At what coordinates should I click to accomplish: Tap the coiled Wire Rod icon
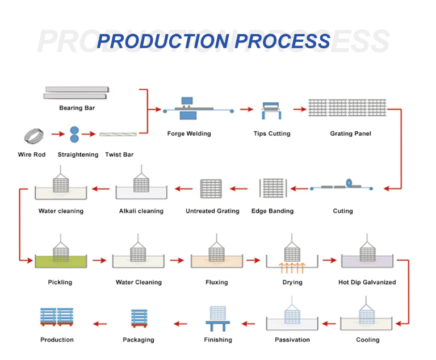pos(32,136)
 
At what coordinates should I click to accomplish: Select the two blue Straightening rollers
pos(75,135)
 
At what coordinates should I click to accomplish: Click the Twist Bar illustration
pos(118,135)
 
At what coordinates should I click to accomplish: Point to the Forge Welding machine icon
pos(188,109)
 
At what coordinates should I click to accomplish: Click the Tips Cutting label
pos(271,133)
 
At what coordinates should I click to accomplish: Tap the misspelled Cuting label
pos(342,211)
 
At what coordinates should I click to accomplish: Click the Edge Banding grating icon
pos(272,189)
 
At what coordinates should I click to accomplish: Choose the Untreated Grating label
pos(212,211)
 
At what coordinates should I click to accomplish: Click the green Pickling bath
pos(60,262)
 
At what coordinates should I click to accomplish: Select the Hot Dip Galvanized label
pos(367,282)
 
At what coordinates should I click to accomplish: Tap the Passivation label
pos(292,340)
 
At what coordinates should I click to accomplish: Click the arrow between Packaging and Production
pos(99,324)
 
